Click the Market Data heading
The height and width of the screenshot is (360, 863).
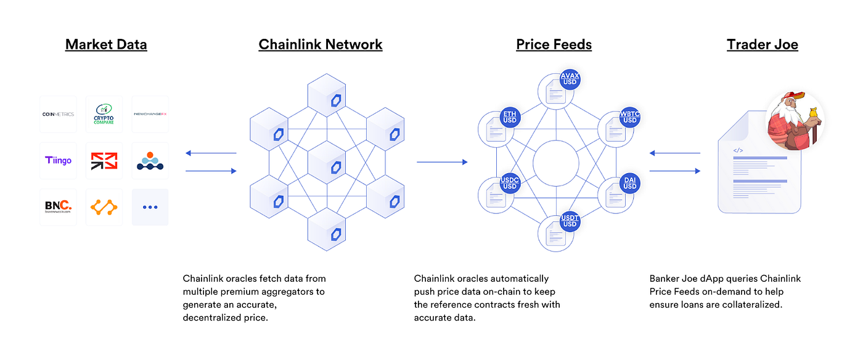click(x=106, y=44)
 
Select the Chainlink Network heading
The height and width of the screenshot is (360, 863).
click(x=321, y=44)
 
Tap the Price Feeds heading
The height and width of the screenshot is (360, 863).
click(x=554, y=44)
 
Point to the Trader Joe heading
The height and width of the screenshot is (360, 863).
click(x=763, y=44)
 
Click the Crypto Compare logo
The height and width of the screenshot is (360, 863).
click(x=104, y=114)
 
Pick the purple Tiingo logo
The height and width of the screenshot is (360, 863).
click(x=58, y=160)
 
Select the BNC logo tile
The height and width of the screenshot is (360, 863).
click(x=58, y=207)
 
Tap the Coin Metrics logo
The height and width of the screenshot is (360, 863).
click(x=58, y=114)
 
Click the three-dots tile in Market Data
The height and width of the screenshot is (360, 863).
click(x=150, y=207)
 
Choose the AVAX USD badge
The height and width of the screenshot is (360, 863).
click(x=570, y=79)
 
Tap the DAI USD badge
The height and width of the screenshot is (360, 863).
click(x=629, y=183)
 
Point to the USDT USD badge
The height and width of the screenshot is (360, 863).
click(x=570, y=220)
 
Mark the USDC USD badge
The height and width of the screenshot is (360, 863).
click(x=509, y=183)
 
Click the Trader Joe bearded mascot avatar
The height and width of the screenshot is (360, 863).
click(x=795, y=121)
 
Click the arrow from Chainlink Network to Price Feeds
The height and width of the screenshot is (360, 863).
click(x=441, y=162)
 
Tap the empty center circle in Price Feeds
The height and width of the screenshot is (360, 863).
click(x=555, y=163)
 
